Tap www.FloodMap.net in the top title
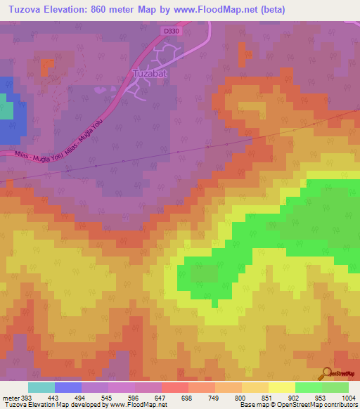click(252, 9)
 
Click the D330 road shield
click(170, 32)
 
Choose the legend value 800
click(242, 397)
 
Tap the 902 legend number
click(295, 397)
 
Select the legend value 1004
click(349, 397)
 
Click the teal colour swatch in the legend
click(41, 387)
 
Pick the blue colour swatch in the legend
click(68, 387)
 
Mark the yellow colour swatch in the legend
click(282, 387)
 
